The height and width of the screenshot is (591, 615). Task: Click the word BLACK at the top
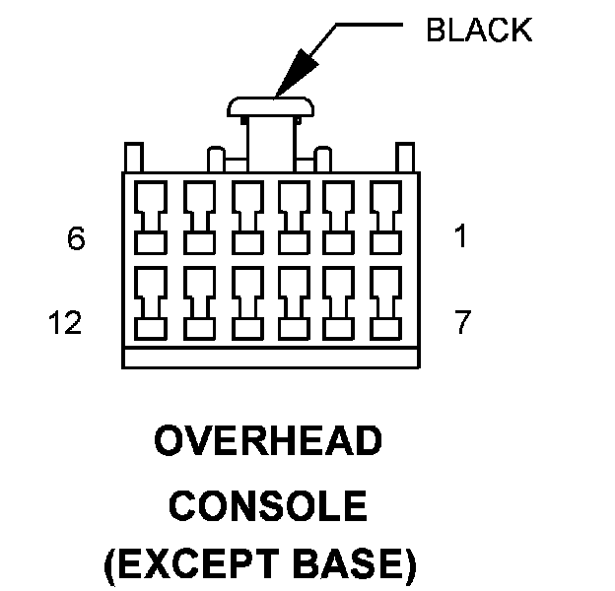[x=478, y=31]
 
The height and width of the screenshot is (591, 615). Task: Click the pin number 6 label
[x=77, y=239]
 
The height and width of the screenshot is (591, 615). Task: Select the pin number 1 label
[x=460, y=239]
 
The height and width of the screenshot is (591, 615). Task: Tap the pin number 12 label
[x=64, y=324]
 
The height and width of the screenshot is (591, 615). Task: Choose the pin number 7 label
[x=462, y=324]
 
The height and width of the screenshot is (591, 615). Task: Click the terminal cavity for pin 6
[x=150, y=216]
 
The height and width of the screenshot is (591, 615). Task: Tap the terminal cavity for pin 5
[x=198, y=216]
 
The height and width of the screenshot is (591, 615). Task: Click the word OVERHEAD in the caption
[x=267, y=443]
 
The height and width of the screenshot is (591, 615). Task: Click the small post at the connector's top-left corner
[x=131, y=158]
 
